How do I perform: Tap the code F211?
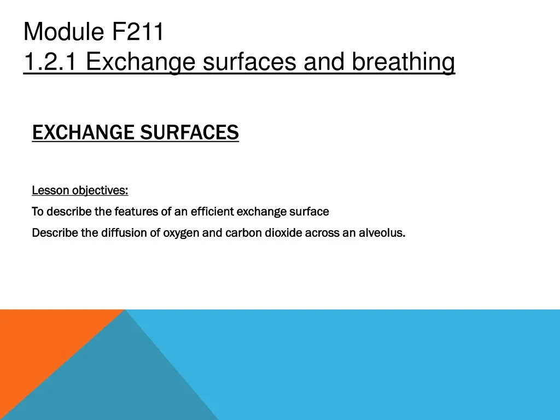pos(138,32)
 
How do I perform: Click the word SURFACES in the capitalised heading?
pos(189,132)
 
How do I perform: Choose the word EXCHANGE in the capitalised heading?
pos(83,132)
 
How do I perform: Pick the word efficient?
pos(212,211)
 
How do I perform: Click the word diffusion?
pos(125,233)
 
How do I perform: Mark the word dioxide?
pos(283,233)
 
